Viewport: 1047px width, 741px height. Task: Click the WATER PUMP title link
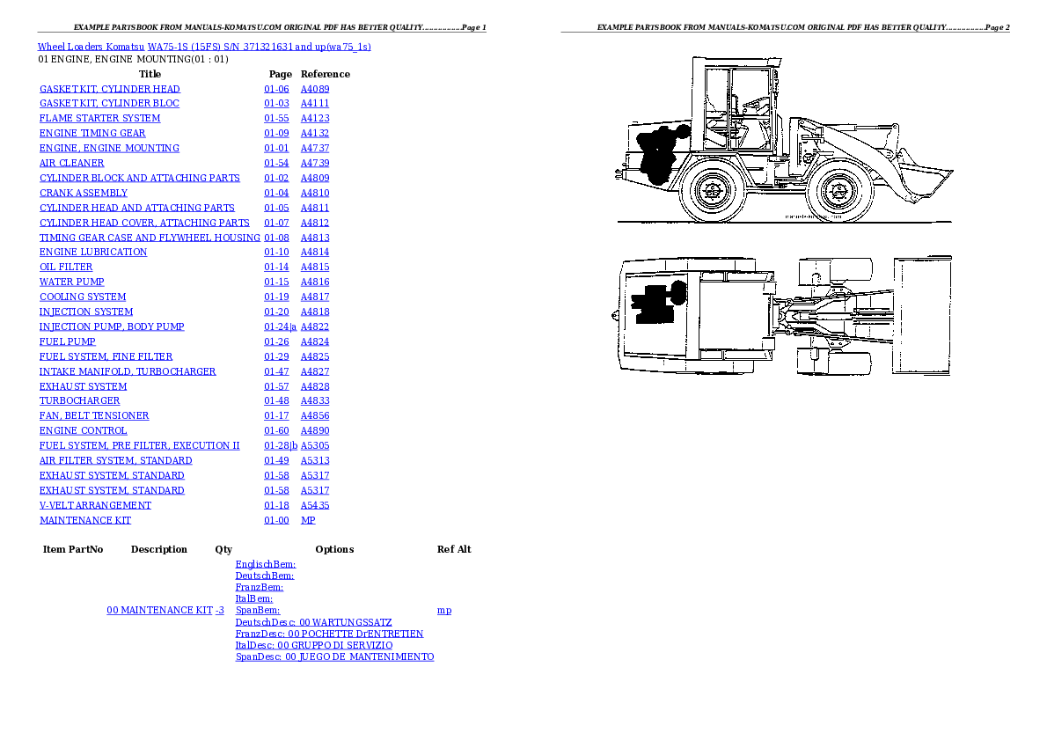pyautogui.click(x=72, y=282)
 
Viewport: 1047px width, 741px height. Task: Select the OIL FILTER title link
pyautogui.click(x=66, y=267)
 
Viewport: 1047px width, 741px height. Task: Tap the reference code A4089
pyautogui.click(x=314, y=89)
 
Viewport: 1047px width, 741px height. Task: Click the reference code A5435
pyautogui.click(x=314, y=505)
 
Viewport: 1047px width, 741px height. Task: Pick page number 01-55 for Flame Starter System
pyautogui.click(x=276, y=118)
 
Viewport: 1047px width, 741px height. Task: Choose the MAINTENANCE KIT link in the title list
pyautogui.click(x=85, y=520)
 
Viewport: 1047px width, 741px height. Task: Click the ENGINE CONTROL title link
pyautogui.click(x=83, y=430)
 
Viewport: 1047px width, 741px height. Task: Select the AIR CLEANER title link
pyautogui.click(x=71, y=163)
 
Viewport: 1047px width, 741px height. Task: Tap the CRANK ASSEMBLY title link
pyautogui.click(x=84, y=193)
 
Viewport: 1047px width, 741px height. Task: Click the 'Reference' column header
pyautogui.click(x=325, y=74)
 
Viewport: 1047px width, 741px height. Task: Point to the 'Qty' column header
pyautogui.click(x=223, y=549)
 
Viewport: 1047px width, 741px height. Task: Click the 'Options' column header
pyautogui.click(x=334, y=549)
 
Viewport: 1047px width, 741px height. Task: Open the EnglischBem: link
pyautogui.click(x=266, y=564)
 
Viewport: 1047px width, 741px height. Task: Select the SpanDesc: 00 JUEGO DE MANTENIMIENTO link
pyautogui.click(x=334, y=657)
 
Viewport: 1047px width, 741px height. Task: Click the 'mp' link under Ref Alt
pyautogui.click(x=444, y=610)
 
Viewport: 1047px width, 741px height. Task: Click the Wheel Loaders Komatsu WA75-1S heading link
pyautogui.click(x=204, y=46)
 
